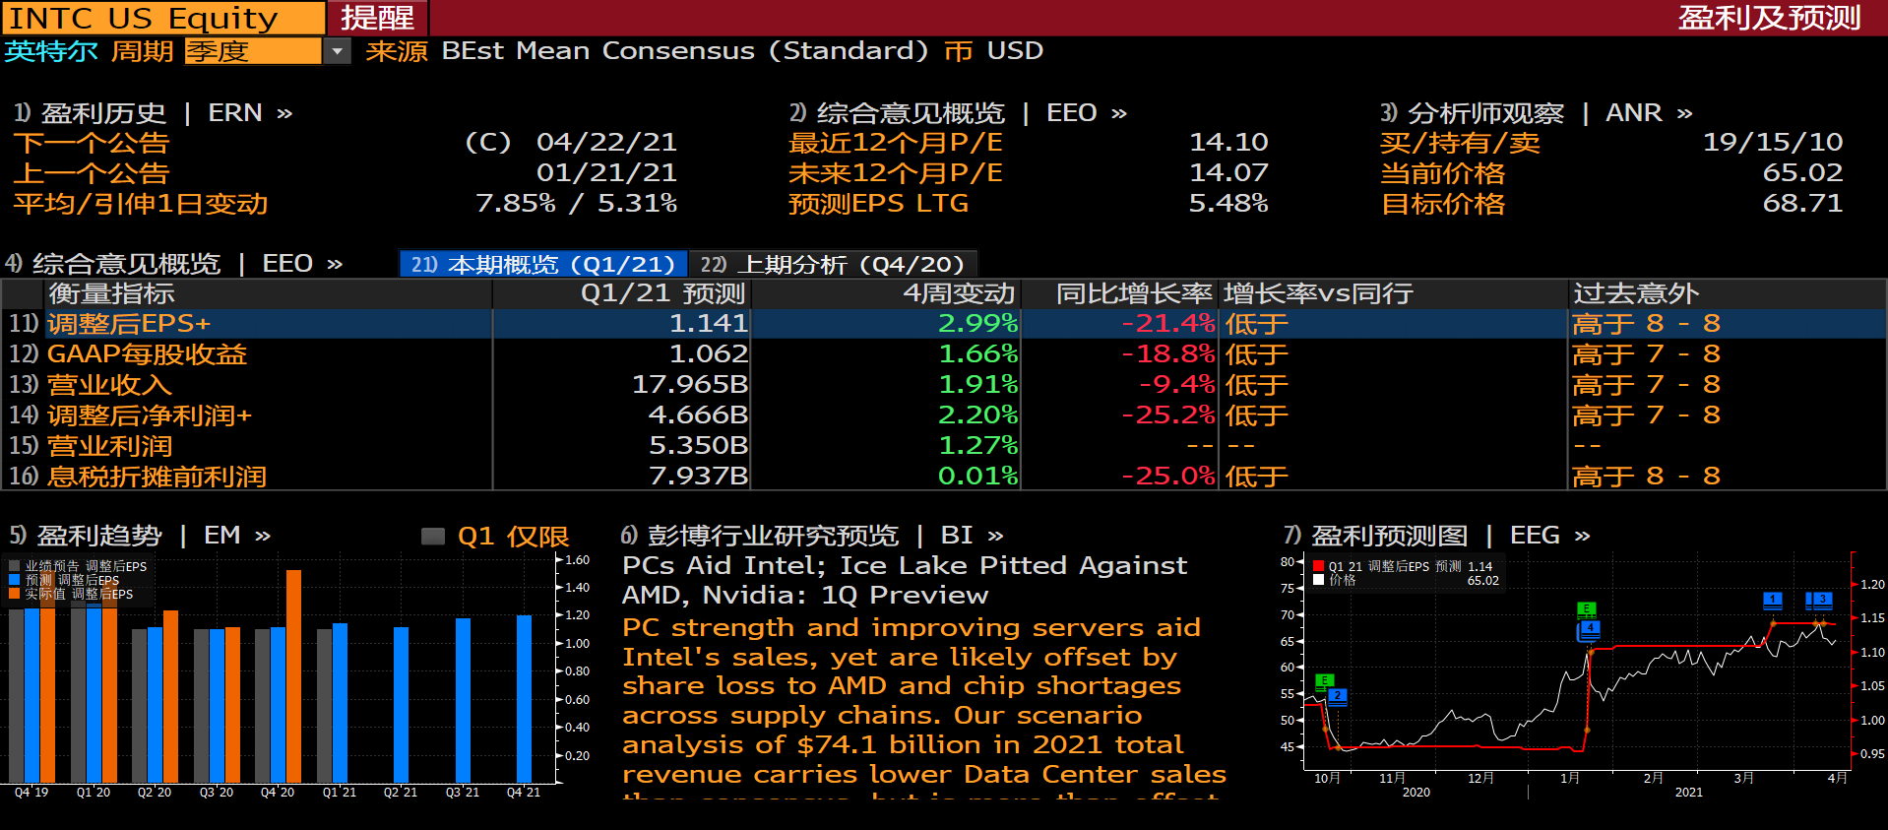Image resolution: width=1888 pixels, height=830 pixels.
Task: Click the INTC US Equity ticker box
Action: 162,18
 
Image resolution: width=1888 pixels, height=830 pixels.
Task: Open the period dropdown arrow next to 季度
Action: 337,51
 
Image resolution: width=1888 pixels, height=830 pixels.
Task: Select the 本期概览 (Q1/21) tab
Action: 543,264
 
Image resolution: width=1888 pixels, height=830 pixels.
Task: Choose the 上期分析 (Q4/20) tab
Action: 832,264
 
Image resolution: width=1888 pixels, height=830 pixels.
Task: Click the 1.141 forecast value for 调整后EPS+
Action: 708,324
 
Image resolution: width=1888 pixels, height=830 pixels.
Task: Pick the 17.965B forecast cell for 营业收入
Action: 689,385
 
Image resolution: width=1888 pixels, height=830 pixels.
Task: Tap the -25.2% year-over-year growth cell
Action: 1168,415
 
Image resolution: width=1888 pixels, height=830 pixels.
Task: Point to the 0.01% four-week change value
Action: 977,477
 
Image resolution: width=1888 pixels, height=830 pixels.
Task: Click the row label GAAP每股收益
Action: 147,354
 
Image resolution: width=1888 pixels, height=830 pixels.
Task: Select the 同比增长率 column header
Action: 1134,293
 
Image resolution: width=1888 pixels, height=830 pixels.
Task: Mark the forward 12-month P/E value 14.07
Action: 1227,173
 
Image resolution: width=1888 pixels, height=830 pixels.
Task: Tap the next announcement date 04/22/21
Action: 606,143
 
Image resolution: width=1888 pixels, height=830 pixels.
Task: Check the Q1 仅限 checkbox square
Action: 433,537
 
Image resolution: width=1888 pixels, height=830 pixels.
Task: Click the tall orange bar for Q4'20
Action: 293,675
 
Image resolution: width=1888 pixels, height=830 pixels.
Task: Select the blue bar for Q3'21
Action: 463,699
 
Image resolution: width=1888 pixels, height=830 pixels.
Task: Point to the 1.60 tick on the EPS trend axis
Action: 578,560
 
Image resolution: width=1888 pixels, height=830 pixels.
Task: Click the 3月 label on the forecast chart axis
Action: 1743,778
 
